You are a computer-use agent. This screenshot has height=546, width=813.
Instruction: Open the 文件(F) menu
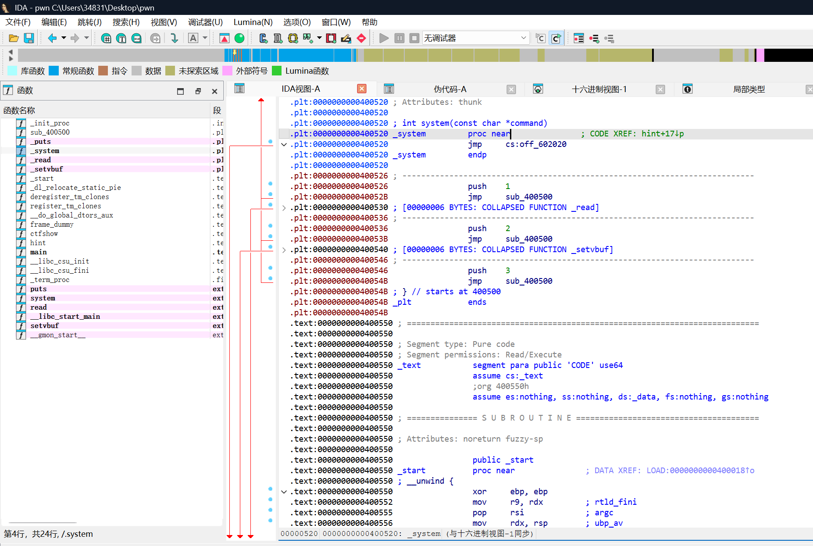[x=18, y=22]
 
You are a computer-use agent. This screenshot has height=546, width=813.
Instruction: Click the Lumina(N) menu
[x=253, y=22]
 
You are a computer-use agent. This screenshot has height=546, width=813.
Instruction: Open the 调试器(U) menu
[x=205, y=22]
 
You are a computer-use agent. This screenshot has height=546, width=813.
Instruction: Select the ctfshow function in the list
[x=44, y=234]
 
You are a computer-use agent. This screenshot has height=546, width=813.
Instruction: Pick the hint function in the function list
[x=38, y=243]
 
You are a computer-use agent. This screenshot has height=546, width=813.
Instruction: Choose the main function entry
[x=39, y=252]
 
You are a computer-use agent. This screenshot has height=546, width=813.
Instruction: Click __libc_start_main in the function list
[x=65, y=317]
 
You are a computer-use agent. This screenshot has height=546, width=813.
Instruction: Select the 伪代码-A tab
[x=450, y=89]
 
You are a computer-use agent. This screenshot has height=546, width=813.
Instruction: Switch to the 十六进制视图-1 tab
[x=599, y=89]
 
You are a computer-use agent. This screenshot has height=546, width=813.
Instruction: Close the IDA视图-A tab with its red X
[x=362, y=89]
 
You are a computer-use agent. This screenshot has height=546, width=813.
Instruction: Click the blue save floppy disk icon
[x=29, y=39]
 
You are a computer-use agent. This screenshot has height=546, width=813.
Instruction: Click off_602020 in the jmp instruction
[x=536, y=144]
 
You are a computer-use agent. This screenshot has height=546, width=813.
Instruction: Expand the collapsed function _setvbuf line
[x=284, y=250]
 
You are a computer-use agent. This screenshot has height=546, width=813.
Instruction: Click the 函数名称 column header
[x=19, y=111]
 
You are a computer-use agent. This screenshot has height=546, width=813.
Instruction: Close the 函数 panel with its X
[x=214, y=91]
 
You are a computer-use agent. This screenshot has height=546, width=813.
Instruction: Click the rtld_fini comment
[x=615, y=502]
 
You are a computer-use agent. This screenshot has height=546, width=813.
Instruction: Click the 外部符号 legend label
[x=251, y=71]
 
